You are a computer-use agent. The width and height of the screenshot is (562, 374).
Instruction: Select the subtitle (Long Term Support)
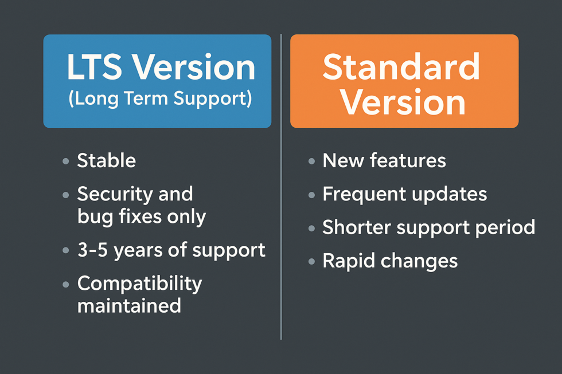pyautogui.click(x=160, y=99)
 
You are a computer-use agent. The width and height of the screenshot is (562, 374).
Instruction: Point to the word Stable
pyautogui.click(x=107, y=160)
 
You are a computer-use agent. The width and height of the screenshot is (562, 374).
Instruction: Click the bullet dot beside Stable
pyautogui.click(x=65, y=162)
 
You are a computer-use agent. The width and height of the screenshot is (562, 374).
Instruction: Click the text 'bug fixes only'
pyautogui.click(x=141, y=216)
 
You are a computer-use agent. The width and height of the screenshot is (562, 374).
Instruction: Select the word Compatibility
pyautogui.click(x=139, y=284)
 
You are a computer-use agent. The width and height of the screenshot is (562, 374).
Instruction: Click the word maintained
pyautogui.click(x=129, y=305)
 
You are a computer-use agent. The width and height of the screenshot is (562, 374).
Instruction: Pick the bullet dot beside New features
pyautogui.click(x=311, y=162)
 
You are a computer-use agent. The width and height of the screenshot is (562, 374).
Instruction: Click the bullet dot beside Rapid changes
pyautogui.click(x=311, y=262)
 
